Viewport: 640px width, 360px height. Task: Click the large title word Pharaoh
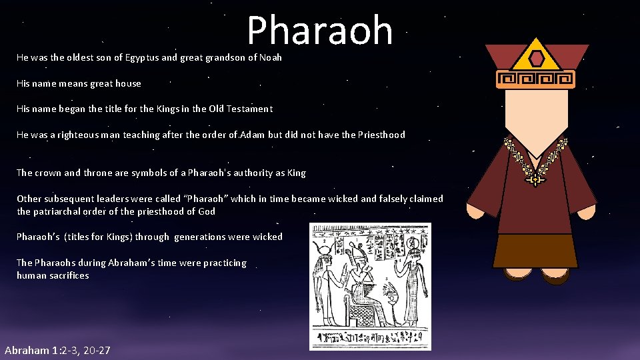pos(320,31)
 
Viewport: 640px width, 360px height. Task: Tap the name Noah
pos(271,58)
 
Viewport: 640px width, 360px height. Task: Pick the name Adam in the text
pos(252,135)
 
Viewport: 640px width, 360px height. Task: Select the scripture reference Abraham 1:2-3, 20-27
pos(57,351)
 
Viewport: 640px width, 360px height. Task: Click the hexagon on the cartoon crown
pos(537,58)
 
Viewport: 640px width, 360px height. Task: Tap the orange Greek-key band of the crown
pos(537,80)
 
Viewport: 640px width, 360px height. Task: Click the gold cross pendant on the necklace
pos(535,179)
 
